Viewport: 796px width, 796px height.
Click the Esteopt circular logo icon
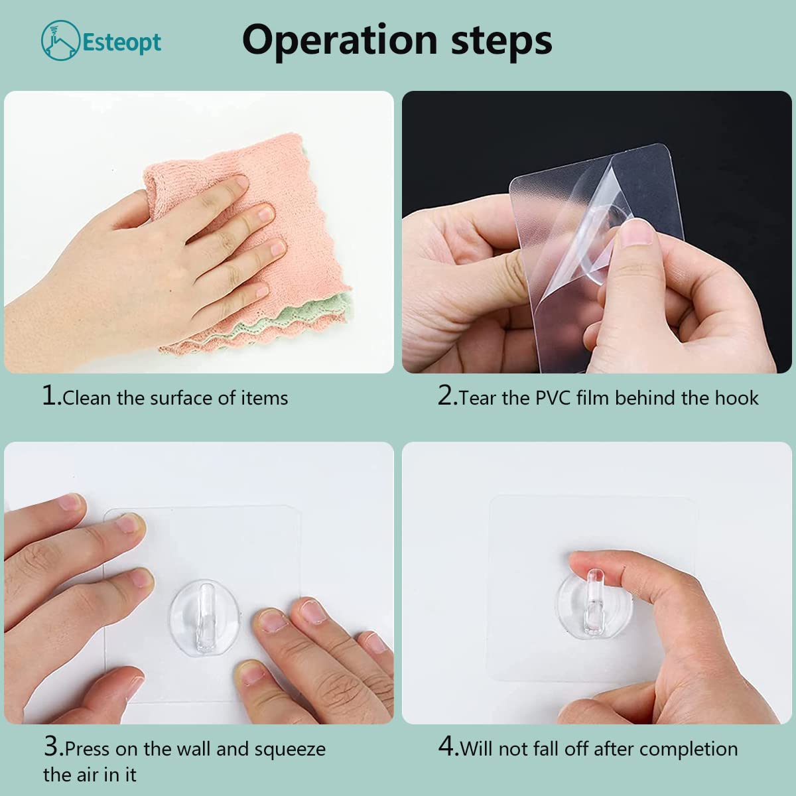click(x=60, y=40)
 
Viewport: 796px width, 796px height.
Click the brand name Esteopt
click(x=122, y=42)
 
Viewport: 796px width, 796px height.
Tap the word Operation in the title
click(x=340, y=40)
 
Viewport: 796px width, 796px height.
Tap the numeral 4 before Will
click(x=446, y=746)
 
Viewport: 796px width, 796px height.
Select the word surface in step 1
click(x=181, y=398)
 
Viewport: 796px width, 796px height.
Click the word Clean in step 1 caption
click(x=87, y=398)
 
